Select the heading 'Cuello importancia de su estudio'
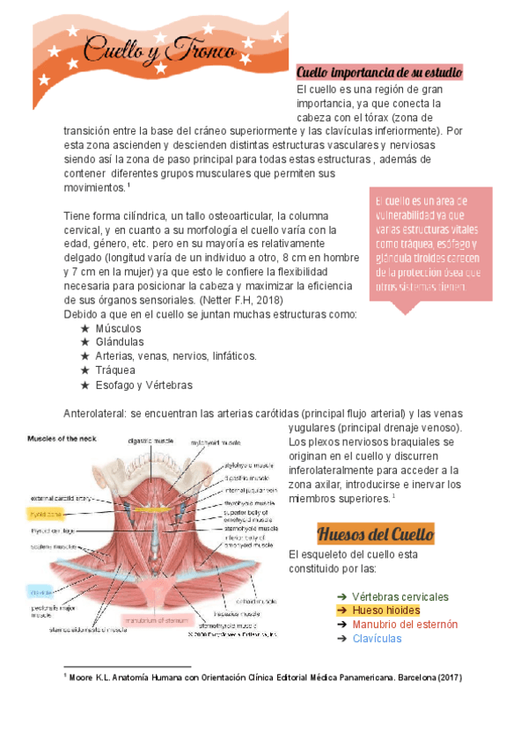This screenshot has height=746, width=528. (379, 72)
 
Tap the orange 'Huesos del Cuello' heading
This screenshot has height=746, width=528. (374, 534)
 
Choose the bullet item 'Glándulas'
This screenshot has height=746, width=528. (119, 342)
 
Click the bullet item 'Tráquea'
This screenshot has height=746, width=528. (114, 370)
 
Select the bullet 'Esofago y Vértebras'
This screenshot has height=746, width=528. (143, 384)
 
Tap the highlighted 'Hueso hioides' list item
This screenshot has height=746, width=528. (385, 610)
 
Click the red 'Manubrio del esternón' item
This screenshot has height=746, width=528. (405, 624)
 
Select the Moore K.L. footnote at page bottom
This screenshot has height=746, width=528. (265, 678)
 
